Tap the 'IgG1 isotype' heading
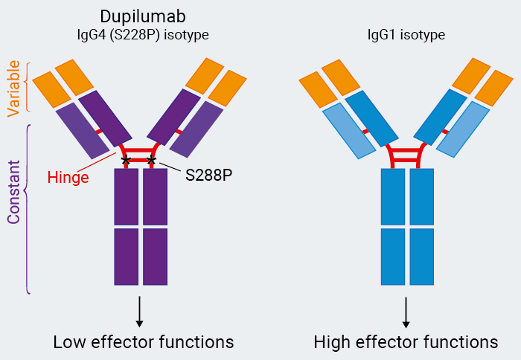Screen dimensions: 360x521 pyautogui.click(x=406, y=35)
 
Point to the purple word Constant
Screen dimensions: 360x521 pyautogui.click(x=13, y=196)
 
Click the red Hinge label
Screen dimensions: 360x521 pyautogui.click(x=68, y=178)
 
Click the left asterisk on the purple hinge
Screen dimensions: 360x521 pyautogui.click(x=126, y=160)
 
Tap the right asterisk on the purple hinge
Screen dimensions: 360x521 pyautogui.click(x=152, y=160)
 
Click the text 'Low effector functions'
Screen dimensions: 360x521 pyautogui.click(x=143, y=342)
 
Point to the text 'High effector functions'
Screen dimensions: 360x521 pyautogui.click(x=406, y=342)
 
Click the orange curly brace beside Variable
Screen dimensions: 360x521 pyautogui.click(x=28, y=86)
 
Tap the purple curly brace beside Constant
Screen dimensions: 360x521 pyautogui.click(x=28, y=208)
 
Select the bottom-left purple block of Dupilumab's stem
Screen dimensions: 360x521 pyautogui.click(x=126, y=257)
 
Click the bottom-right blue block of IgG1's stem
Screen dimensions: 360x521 pyautogui.click(x=421, y=257)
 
